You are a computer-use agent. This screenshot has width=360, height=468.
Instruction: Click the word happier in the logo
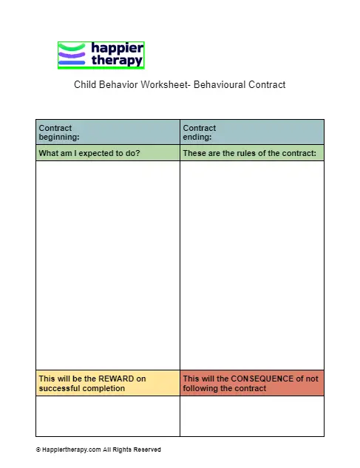point(117,48)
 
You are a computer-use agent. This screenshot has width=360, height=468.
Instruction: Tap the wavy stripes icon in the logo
point(72,55)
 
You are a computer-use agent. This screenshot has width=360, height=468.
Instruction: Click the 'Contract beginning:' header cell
point(107,132)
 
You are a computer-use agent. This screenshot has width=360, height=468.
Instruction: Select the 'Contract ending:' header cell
point(251,132)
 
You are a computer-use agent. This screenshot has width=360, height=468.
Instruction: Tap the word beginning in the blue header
point(58,137)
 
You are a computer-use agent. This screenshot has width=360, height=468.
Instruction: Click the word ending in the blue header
point(197,137)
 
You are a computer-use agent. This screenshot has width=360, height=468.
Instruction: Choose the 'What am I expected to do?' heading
point(89,153)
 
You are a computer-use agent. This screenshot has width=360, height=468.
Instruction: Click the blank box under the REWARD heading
point(107,416)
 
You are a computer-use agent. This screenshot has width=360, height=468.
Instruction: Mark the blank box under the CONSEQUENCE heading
point(251,416)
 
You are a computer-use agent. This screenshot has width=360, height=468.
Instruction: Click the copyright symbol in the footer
point(38,450)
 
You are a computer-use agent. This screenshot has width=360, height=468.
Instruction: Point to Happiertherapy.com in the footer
point(72,450)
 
